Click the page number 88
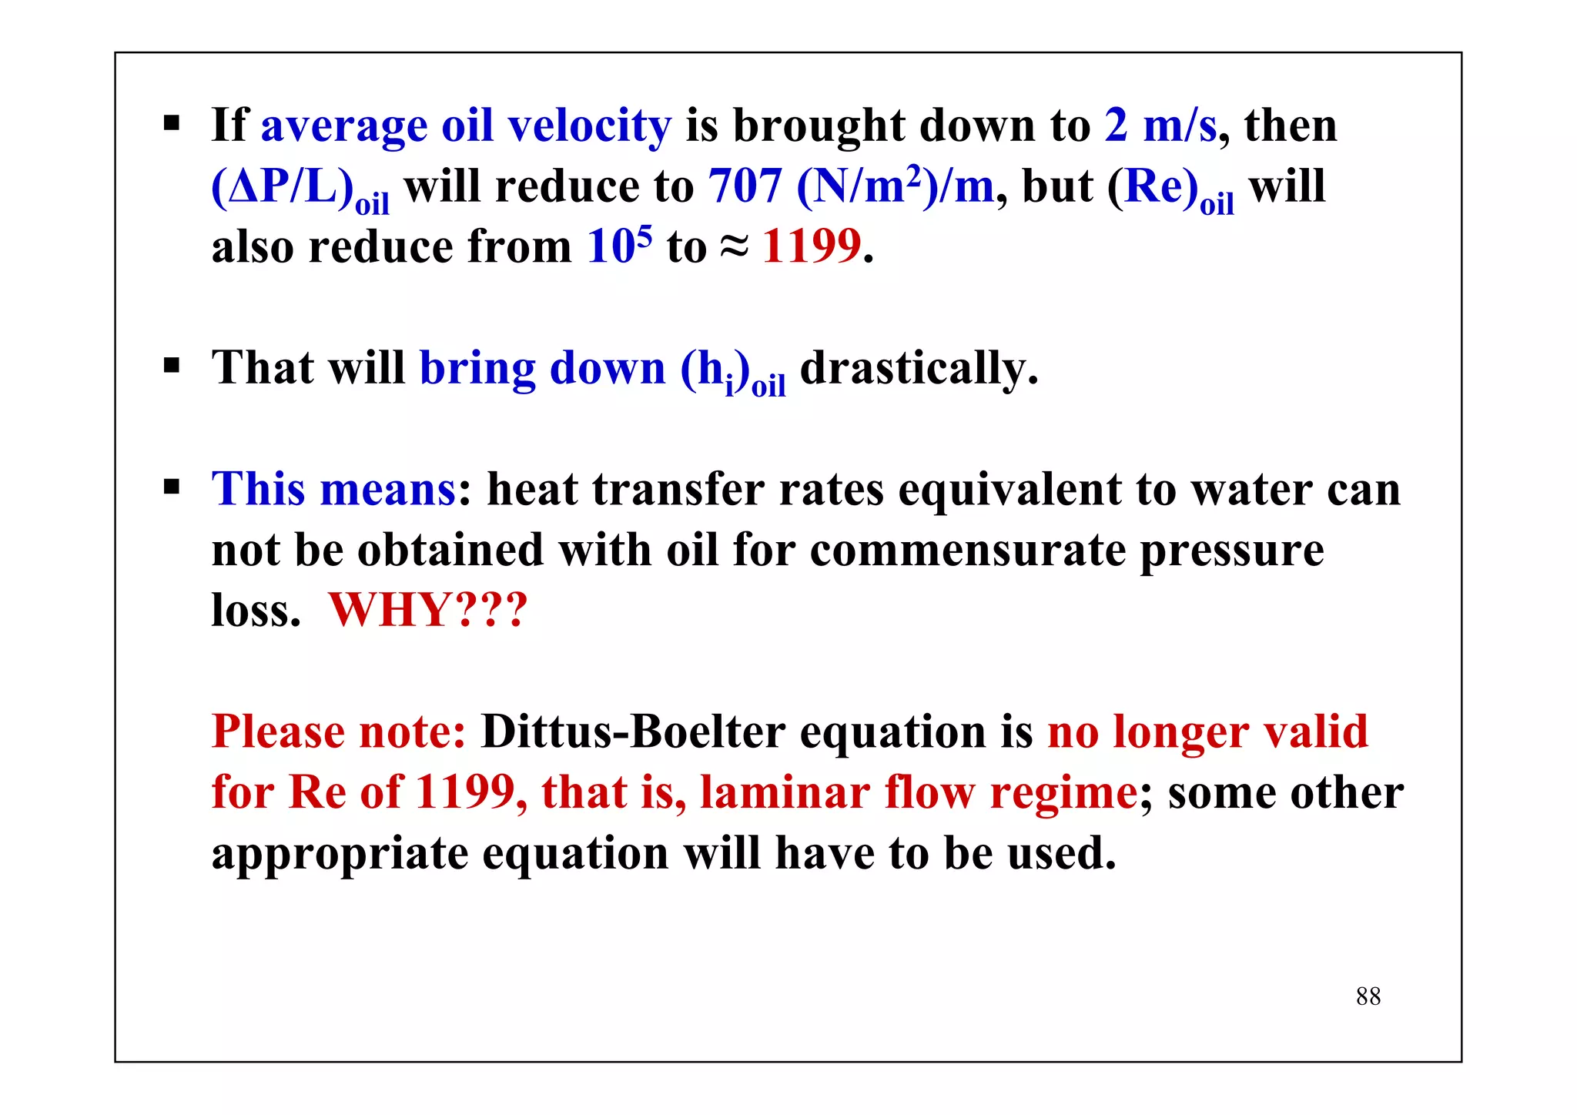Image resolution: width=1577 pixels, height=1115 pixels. (1368, 996)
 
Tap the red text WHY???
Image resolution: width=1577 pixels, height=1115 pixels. (428, 610)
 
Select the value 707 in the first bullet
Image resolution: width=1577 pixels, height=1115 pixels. (745, 186)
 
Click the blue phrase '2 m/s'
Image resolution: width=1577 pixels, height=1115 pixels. (1160, 126)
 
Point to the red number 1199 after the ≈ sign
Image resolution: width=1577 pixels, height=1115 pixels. (811, 247)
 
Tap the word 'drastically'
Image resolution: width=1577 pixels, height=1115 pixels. (919, 368)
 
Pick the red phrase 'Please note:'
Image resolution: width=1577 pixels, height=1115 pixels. (339, 732)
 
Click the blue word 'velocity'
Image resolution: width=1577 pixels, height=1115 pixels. (589, 126)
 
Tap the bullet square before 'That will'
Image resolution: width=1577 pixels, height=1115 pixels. (171, 364)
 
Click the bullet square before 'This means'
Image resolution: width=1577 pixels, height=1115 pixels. (171, 487)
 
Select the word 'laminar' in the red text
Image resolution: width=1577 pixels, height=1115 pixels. (785, 792)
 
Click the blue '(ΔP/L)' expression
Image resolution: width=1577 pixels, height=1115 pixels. (282, 187)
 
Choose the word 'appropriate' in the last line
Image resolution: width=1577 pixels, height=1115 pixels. (340, 854)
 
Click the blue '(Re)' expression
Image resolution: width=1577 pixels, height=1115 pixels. (1153, 187)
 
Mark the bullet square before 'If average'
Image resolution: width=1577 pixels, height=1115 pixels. (171, 122)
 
